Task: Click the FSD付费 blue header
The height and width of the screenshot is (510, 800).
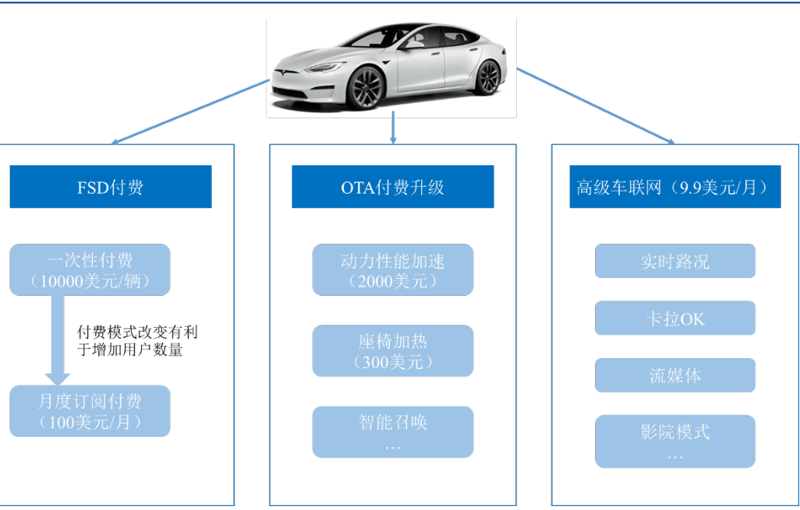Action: (110, 187)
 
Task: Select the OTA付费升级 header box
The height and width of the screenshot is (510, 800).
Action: (392, 187)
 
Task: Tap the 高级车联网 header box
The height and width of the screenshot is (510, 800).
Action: (674, 187)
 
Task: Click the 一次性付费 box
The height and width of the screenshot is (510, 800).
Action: (90, 269)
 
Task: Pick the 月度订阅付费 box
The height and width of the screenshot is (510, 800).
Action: (90, 411)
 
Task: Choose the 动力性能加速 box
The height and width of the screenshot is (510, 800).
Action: (392, 269)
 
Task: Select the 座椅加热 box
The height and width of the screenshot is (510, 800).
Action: (392, 350)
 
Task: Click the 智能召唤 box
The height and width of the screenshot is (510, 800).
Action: (392, 431)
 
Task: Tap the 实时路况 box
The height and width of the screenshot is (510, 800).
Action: (674, 261)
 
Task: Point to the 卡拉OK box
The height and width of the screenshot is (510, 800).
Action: (674, 318)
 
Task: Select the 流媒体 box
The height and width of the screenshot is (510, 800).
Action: (674, 375)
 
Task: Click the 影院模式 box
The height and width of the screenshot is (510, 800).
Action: (674, 441)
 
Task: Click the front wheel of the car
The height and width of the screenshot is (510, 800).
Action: (366, 86)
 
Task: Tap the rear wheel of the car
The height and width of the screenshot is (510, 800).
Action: (487, 77)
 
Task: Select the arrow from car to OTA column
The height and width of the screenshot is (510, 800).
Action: (393, 128)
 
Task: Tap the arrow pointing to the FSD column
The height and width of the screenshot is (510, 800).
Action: (191, 111)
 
